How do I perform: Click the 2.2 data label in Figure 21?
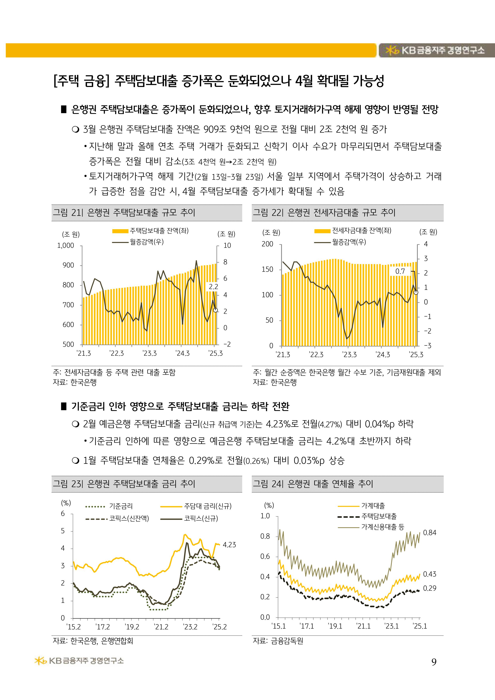click(213, 287)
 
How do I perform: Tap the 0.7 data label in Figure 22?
click(400, 271)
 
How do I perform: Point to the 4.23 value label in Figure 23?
click(229, 545)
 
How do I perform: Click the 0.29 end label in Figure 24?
click(429, 588)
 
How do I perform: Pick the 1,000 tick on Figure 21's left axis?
click(66, 245)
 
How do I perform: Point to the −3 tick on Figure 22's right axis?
click(428, 346)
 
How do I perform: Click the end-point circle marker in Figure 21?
click(215, 310)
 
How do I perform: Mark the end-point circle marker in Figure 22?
click(416, 292)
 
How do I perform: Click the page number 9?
click(434, 662)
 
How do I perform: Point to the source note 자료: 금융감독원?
click(278, 641)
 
